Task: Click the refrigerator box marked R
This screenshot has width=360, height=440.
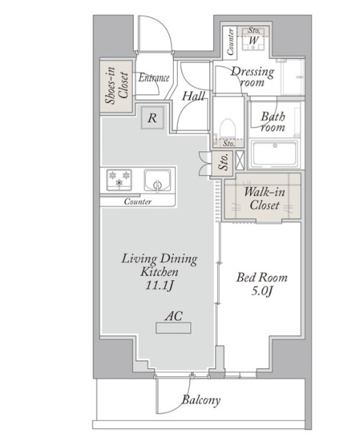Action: coord(152,118)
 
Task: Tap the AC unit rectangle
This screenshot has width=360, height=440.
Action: coord(173,328)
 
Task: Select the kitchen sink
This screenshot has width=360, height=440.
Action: coord(157,181)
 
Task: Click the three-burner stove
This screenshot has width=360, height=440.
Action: coord(119,180)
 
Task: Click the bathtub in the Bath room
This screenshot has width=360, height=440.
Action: coord(274,154)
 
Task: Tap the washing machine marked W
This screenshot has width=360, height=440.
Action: coord(254,39)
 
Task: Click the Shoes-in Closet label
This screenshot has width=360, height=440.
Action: coord(117,86)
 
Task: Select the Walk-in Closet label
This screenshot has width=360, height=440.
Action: coord(265,198)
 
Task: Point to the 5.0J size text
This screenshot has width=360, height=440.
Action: coord(262,291)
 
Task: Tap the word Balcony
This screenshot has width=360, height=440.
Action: coord(201,400)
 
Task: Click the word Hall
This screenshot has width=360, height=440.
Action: coord(194,96)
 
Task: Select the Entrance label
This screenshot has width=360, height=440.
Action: coord(154,78)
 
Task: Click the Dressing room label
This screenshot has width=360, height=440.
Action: coord(252,76)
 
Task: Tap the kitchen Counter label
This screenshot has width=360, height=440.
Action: coord(138,202)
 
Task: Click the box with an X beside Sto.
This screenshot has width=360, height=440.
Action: coord(240,160)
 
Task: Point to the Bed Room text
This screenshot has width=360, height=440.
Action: coord(262,277)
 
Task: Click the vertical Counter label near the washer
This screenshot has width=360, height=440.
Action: coord(231,42)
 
